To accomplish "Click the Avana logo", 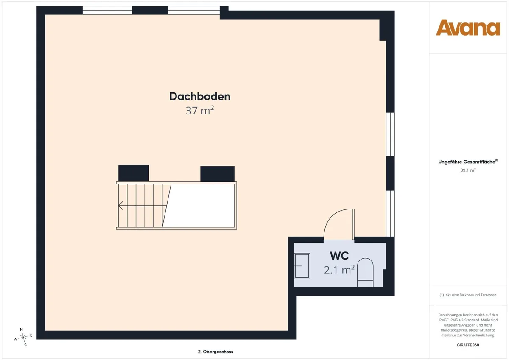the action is click(x=468, y=28).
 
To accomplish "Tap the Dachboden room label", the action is click(x=200, y=96).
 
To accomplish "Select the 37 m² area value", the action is click(x=200, y=110).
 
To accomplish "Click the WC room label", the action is click(x=339, y=256).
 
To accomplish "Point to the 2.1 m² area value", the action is click(x=339, y=270).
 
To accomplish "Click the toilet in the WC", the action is click(x=365, y=272).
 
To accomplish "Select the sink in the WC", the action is click(x=302, y=266).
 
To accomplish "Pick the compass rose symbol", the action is click(x=23, y=337).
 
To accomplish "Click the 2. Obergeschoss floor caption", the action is click(x=215, y=352).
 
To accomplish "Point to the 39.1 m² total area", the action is click(x=468, y=170).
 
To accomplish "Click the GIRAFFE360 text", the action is click(x=468, y=345).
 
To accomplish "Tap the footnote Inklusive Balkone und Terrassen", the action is click(x=468, y=295).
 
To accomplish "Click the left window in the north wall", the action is click(x=107, y=11).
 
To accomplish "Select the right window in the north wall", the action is click(x=194, y=11).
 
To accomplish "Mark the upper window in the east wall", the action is click(x=390, y=134).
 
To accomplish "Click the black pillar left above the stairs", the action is click(x=134, y=173).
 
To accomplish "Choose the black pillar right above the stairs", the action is click(x=217, y=174).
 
